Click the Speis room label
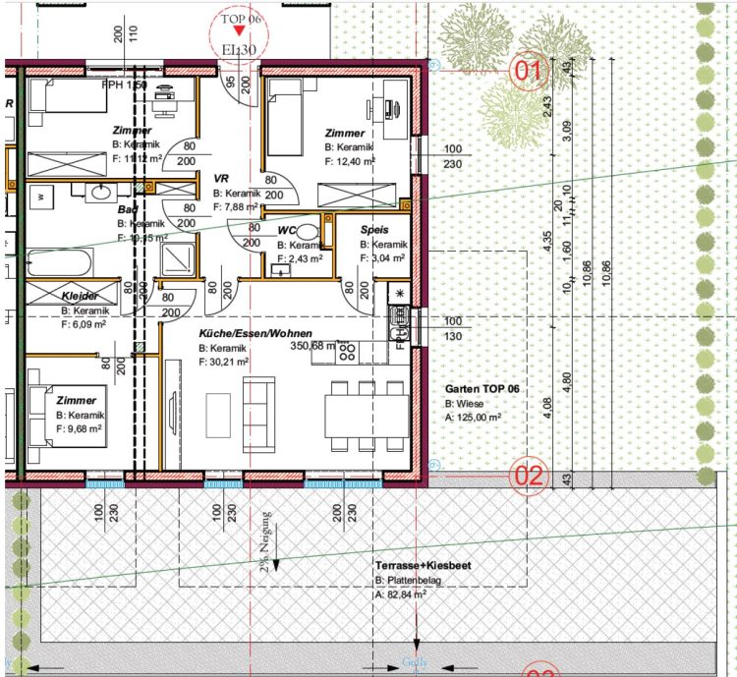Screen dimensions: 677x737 pos(373,229)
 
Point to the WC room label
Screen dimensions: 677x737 pos(287,231)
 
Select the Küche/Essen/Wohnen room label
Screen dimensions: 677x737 pos(255,335)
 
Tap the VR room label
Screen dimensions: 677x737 pos(221,179)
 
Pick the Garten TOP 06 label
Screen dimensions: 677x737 pos(482,390)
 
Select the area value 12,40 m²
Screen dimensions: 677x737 pos(355,160)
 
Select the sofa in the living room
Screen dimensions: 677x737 pos(259,411)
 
